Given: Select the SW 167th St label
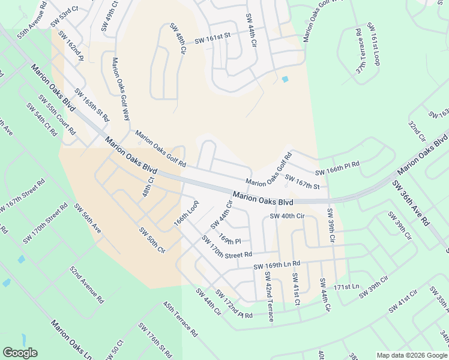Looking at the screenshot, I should [x=302, y=181].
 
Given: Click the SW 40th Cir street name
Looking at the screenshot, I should [x=288, y=216].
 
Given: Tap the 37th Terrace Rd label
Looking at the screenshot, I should [x=360, y=50].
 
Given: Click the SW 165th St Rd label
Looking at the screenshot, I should [x=91, y=106].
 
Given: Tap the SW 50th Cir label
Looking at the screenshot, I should [x=152, y=240].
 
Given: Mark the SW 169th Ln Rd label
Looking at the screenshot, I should [x=276, y=265].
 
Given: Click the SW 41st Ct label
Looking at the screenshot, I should [x=295, y=289].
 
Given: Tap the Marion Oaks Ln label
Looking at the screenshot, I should [x=71, y=340].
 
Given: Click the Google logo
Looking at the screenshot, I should [x=20, y=353].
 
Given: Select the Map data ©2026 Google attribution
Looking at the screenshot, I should [x=411, y=355].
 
